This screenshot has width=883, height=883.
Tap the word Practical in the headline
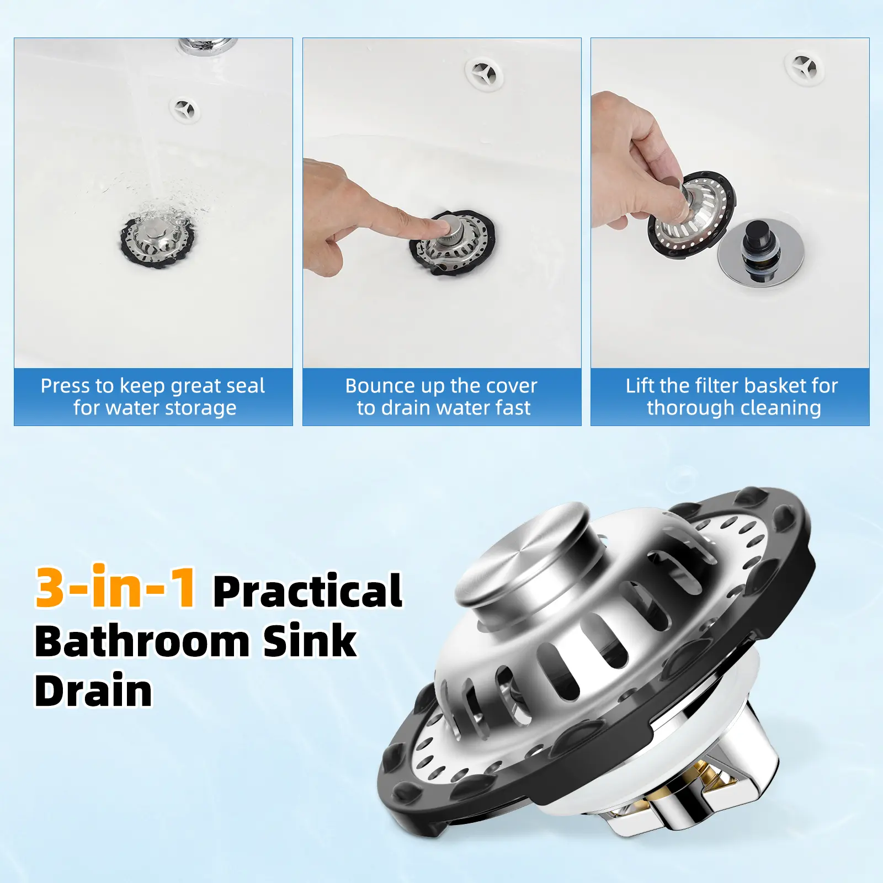308,591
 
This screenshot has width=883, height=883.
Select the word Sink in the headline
309,641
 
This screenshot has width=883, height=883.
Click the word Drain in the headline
93,690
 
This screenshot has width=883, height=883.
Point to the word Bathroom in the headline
142,641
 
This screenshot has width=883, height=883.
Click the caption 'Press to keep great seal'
153,386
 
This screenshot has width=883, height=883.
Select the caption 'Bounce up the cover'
441,386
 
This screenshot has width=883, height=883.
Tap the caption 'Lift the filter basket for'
732,386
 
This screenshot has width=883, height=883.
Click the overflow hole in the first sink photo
185,110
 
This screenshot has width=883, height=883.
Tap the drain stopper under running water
157,240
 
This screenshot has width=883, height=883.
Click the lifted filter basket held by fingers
691,215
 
